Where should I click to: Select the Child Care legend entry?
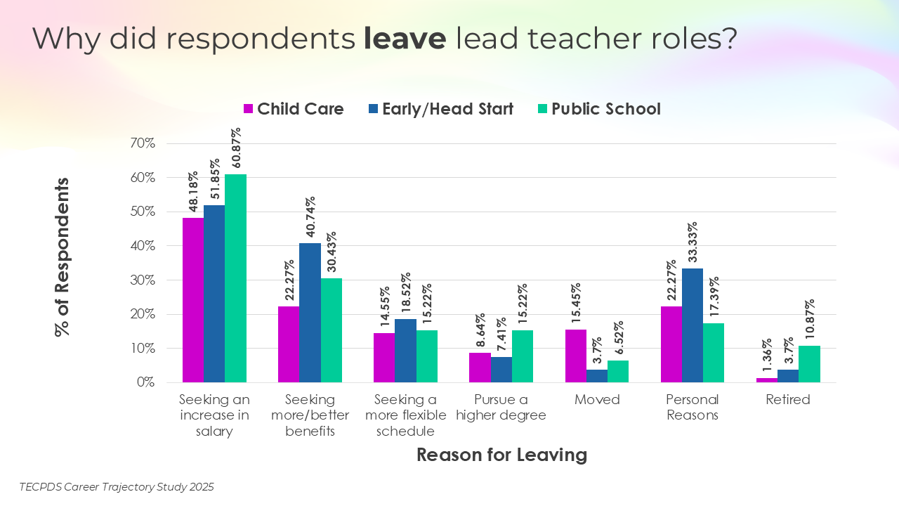pyautogui.click(x=293, y=109)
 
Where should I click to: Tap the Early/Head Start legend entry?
pyautogui.click(x=440, y=109)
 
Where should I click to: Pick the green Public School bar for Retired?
pyautogui.click(x=809, y=364)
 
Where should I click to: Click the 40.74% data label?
pyautogui.click(x=310, y=218)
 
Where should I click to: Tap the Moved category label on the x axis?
pyautogui.click(x=597, y=400)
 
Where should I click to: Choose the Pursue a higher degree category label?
pyautogui.click(x=501, y=408)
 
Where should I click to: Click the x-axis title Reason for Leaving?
pyautogui.click(x=501, y=455)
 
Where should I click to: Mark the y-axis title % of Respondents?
pyautogui.click(x=63, y=257)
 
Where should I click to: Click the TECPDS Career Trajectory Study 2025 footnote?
pyautogui.click(x=117, y=486)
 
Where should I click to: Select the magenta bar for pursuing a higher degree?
pyautogui.click(x=480, y=368)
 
